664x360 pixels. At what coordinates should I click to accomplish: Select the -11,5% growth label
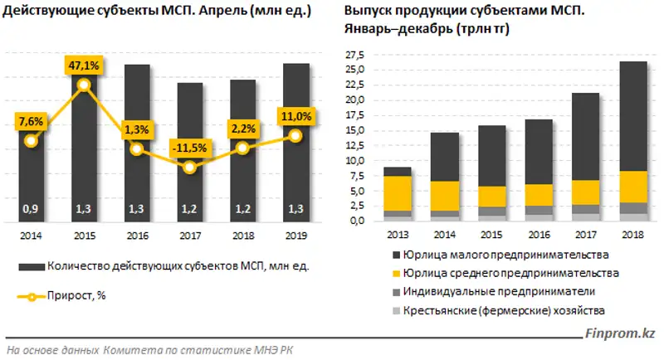190,148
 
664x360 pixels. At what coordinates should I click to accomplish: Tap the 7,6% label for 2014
31,122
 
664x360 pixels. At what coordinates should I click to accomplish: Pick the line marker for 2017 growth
190,168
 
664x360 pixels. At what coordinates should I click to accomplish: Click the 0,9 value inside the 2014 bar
31,208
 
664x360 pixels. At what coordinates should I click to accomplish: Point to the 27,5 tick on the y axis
356,54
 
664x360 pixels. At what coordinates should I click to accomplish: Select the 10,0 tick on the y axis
356,161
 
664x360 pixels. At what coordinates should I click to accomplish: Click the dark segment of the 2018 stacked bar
634,116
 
